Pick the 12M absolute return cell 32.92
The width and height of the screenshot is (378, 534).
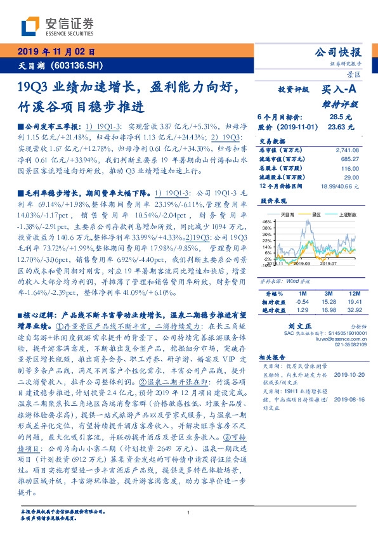(x=353, y=309)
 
